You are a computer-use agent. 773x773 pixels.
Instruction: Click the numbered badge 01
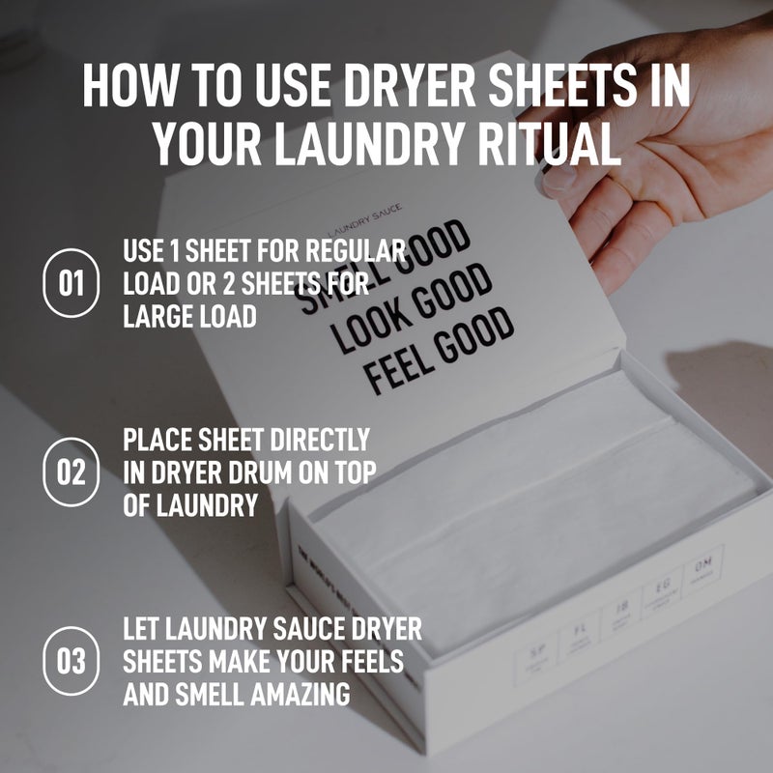pyautogui.click(x=72, y=284)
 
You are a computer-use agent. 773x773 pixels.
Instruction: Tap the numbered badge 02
pyautogui.click(x=72, y=472)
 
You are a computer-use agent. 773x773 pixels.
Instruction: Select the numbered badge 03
pyautogui.click(x=72, y=662)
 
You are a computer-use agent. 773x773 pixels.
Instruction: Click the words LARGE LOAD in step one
pyautogui.click(x=189, y=316)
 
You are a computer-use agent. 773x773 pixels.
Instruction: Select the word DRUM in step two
pyautogui.click(x=284, y=472)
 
